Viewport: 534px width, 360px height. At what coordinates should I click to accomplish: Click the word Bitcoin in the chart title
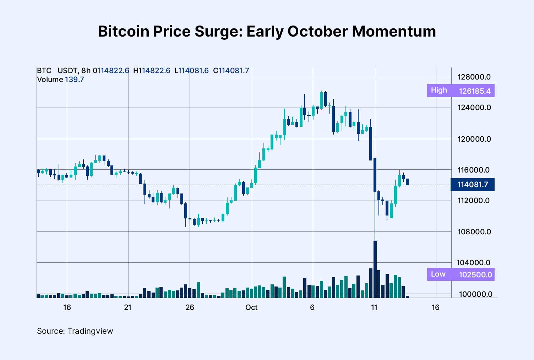coord(124,31)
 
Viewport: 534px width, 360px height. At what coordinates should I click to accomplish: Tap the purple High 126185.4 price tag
coord(461,91)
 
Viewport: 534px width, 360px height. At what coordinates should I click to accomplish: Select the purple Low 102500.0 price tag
coord(461,274)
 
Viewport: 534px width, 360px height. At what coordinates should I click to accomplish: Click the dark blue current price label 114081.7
coord(473,185)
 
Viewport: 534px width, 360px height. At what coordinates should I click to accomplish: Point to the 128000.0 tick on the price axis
coord(474,77)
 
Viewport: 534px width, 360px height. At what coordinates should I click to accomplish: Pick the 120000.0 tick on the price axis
coord(474,139)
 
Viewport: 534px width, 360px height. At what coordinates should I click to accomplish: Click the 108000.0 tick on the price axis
coord(474,232)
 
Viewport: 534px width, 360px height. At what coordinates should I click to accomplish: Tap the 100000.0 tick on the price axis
coord(475,294)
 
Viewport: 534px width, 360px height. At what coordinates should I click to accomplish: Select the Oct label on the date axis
coord(251,307)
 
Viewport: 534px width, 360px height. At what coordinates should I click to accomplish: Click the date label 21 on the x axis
coord(128,307)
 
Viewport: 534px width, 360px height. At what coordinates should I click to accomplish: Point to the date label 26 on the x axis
coord(190,307)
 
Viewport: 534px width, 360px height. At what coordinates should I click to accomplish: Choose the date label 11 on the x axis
coord(374,307)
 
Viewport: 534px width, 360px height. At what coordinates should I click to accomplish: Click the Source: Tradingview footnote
coord(75,331)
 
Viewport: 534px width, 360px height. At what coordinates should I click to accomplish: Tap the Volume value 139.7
coord(74,80)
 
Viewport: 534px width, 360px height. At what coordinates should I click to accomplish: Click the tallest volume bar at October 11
coord(375,270)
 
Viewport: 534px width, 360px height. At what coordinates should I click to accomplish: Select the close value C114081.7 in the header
coord(231,71)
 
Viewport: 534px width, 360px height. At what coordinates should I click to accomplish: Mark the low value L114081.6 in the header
coord(191,71)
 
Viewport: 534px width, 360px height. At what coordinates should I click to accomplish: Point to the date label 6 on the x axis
coord(312,307)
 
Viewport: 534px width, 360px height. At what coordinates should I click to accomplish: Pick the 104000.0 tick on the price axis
coord(473,263)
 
